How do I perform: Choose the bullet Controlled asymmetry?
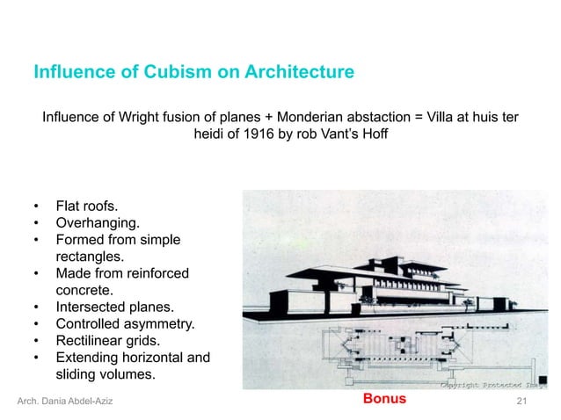click(125, 324)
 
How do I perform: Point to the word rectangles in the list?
click(90, 257)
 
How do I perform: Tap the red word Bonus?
click(384, 399)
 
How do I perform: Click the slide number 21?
click(522, 401)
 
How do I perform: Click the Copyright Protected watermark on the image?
click(492, 384)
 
